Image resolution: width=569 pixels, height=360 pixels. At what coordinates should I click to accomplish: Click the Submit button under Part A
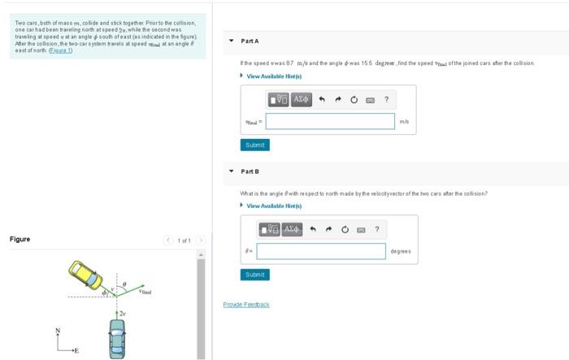254,145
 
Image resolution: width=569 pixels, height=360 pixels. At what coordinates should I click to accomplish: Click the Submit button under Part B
254,275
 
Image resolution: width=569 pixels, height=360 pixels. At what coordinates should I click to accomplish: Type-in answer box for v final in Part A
329,121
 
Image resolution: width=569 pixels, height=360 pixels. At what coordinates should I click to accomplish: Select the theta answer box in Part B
321,251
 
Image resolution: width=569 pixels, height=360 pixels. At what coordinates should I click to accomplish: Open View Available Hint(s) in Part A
274,76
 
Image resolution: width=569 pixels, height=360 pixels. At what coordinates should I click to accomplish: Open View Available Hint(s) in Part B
274,206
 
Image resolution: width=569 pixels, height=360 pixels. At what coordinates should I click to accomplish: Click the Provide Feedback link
245,304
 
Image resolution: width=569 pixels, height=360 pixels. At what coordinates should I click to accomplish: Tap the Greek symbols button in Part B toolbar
292,229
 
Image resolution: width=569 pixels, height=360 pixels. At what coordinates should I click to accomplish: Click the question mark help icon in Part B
377,229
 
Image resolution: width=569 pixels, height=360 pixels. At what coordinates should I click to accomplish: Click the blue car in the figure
118,337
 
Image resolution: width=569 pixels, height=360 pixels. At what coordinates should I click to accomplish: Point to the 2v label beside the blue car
123,311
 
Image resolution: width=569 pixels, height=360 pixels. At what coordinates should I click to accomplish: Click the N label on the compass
57,330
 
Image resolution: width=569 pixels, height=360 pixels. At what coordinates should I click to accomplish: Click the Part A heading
250,41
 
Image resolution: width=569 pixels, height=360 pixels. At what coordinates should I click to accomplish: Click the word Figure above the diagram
20,239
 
